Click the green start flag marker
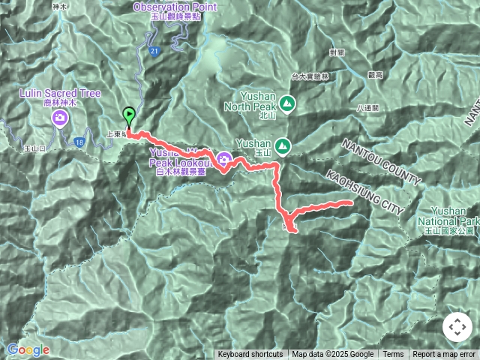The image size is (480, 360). (129, 117)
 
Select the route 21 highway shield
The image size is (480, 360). (153, 51)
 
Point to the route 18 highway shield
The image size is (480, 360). (79, 140)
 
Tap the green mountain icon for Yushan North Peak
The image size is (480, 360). (286, 103)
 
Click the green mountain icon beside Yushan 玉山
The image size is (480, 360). (283, 145)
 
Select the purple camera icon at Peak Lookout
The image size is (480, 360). (223, 158)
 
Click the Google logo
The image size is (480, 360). (28, 349)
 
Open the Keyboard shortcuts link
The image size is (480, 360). (250, 355)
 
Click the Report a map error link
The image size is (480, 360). (444, 355)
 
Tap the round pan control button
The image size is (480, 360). (457, 327)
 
